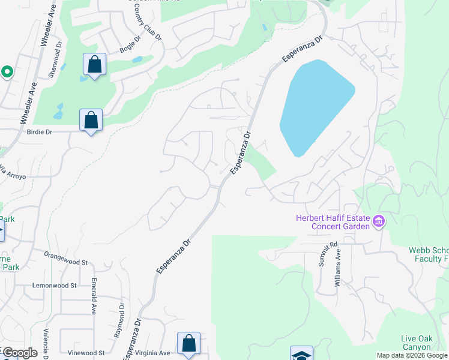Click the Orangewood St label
click(66, 259)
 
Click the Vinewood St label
click(86, 353)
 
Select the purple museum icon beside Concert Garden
click(378, 221)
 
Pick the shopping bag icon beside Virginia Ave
click(188, 344)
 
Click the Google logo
click(19, 353)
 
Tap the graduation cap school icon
click(301, 354)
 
